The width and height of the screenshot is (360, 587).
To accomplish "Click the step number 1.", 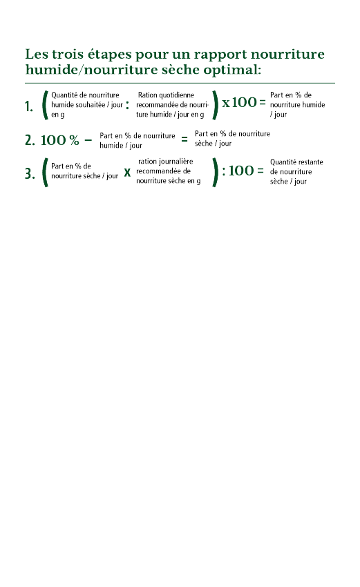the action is coord(29,106).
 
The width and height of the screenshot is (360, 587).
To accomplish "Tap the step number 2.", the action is coord(30,140).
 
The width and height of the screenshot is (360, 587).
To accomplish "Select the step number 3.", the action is coord(30,174).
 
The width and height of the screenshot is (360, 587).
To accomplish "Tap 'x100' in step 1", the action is coord(239,102).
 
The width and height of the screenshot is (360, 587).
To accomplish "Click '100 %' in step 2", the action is coord(60,140).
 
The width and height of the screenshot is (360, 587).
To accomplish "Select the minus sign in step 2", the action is coord(88,141).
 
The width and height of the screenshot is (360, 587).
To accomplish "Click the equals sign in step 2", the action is coord(184,139).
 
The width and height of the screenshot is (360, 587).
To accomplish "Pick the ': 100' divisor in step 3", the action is coord(238,171).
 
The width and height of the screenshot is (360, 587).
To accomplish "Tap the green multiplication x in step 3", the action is coord(127,172).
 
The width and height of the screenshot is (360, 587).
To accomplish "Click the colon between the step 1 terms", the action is coord(127,105).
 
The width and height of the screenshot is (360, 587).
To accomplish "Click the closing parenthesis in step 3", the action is coord(216,172).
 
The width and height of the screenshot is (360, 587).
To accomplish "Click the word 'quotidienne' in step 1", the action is coord(176,95).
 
